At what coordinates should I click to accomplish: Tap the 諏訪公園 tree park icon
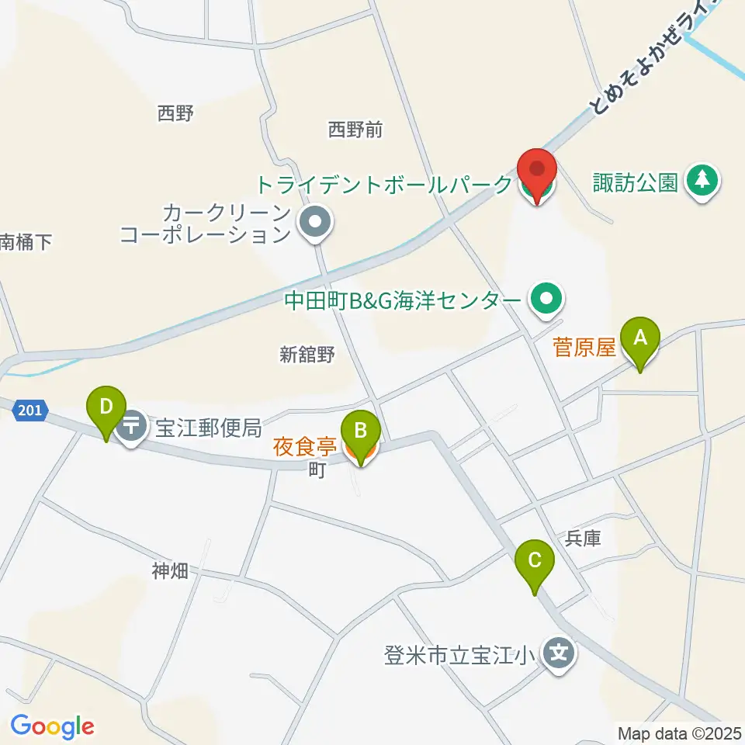pos(703,182)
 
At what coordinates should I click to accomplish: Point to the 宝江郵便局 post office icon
pos(133,426)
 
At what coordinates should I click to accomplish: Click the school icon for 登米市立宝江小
pos(559,653)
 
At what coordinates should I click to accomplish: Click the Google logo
pos(52,726)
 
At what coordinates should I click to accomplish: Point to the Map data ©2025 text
pos(680,733)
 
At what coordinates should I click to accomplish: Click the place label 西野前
pos(355,129)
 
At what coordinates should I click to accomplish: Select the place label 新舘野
pos(307,355)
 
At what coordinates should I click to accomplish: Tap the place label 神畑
pos(170,572)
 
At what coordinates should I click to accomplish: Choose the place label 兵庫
pos(584,538)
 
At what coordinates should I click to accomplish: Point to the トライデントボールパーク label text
pos(384,185)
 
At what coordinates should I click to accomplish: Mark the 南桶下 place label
pos(25,242)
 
